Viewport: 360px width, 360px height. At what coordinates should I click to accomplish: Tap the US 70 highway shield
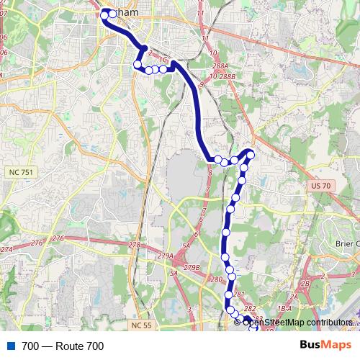322,186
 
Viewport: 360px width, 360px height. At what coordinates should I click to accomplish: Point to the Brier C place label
346,243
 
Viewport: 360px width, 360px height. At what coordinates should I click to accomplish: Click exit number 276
58,238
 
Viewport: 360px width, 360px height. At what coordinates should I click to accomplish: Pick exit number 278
134,246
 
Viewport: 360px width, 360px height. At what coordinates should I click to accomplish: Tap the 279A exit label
166,256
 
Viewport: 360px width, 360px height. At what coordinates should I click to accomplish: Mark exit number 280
215,279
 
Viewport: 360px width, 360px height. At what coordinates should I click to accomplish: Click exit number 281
240,295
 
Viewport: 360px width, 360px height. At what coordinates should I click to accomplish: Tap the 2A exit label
292,297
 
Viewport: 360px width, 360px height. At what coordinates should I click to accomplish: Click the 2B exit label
305,284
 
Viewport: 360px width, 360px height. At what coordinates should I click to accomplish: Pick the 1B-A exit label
284,308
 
